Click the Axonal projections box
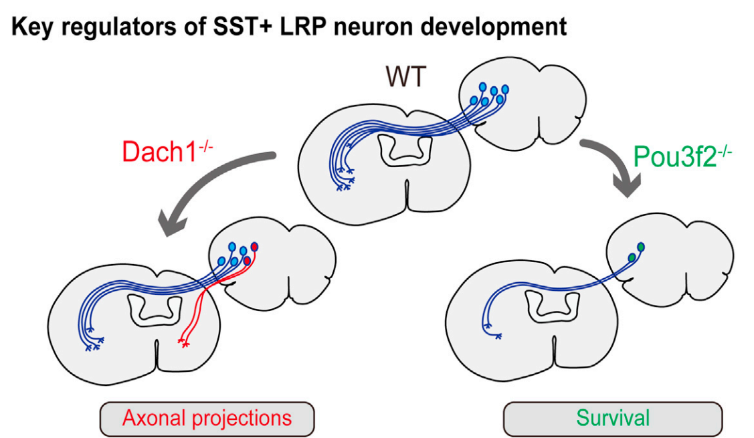coord(207,418)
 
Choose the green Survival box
coord(612,419)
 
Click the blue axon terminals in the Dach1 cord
coord(94,345)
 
